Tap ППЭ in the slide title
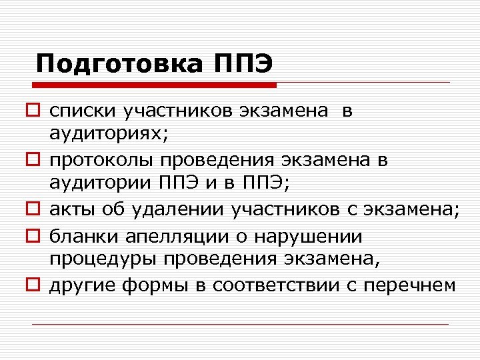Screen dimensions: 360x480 (243, 64)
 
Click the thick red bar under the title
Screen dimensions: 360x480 (154, 85)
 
